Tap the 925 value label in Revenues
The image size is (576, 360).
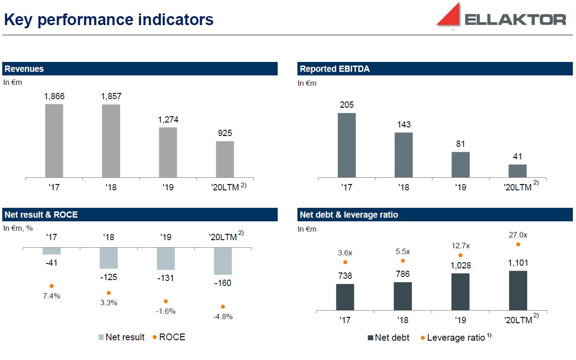click(225, 133)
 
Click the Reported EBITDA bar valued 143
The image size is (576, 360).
click(404, 155)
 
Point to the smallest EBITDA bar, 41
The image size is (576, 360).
click(517, 171)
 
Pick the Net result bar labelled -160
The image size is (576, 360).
click(223, 261)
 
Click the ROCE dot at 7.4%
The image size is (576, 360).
click(52, 286)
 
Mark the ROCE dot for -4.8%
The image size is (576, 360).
click(223, 307)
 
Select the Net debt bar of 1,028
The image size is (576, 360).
click(460, 292)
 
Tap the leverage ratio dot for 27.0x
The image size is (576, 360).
click(518, 244)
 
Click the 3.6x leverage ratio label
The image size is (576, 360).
click(345, 253)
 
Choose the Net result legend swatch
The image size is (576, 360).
click(101, 337)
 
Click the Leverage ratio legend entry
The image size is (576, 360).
click(456, 338)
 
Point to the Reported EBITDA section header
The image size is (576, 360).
click(335, 69)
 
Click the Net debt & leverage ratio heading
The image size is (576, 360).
click(349, 215)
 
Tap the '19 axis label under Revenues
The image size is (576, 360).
click(168, 187)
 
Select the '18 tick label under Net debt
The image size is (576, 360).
click(402, 320)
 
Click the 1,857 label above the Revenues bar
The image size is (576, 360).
click(111, 97)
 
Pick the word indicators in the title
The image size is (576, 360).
click(176, 20)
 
